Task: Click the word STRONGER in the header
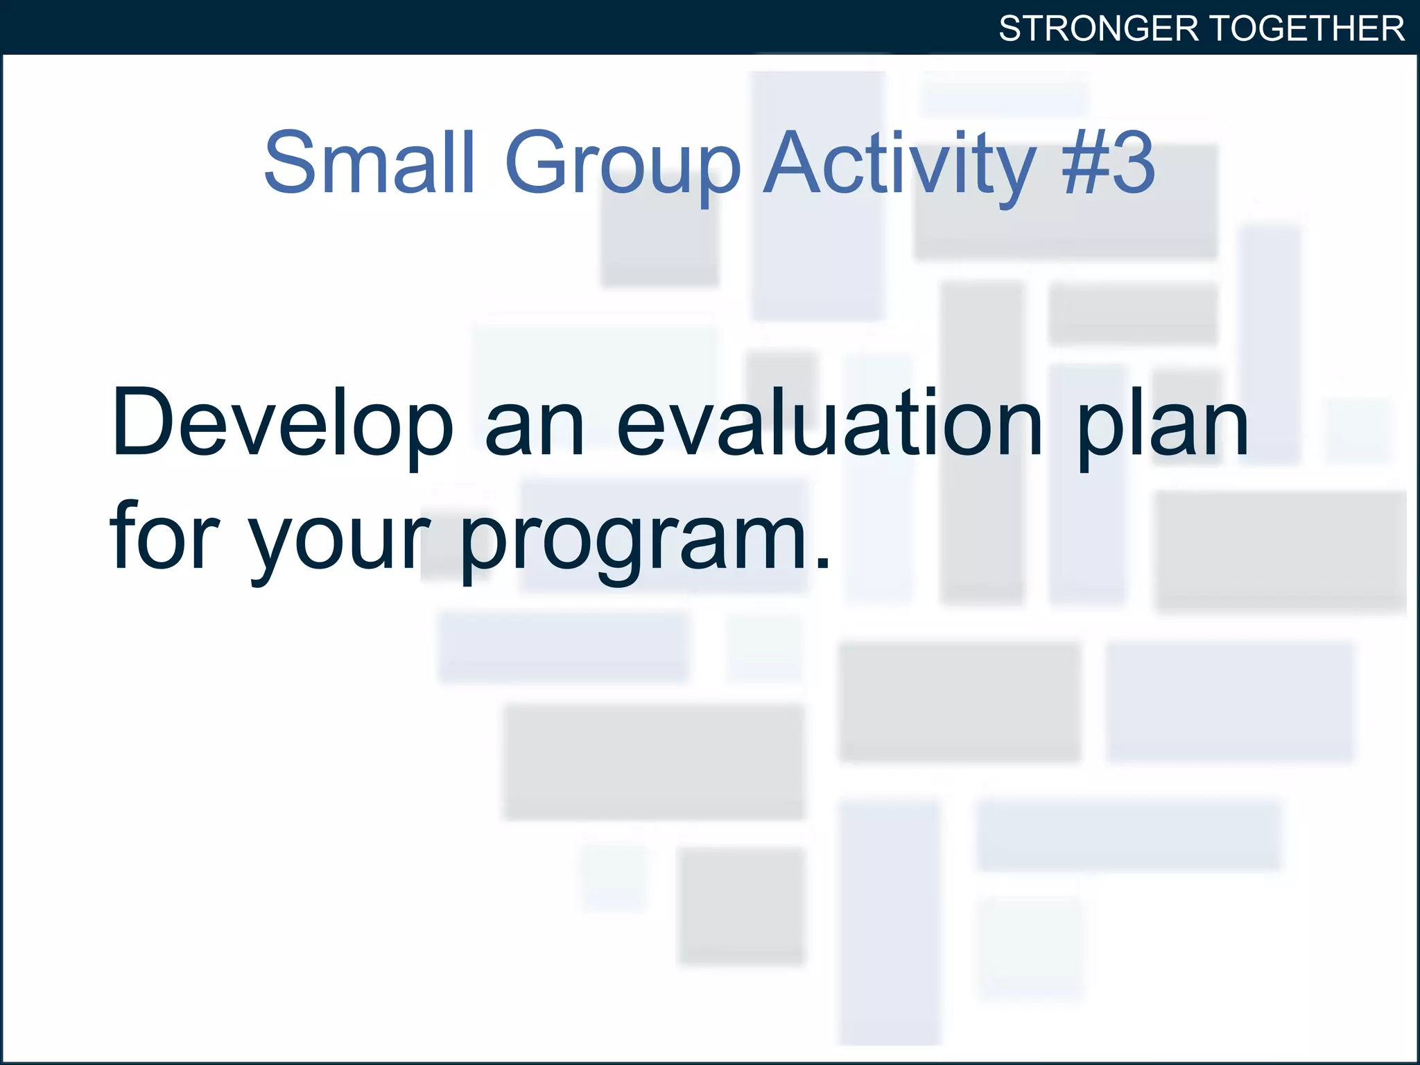pyautogui.click(x=1098, y=29)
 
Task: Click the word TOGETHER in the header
pyautogui.click(x=1308, y=29)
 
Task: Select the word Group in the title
pyautogui.click(x=623, y=166)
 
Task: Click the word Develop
pyautogui.click(x=282, y=424)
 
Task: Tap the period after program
pyautogui.click(x=823, y=563)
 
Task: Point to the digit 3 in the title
pyautogui.click(x=1133, y=164)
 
